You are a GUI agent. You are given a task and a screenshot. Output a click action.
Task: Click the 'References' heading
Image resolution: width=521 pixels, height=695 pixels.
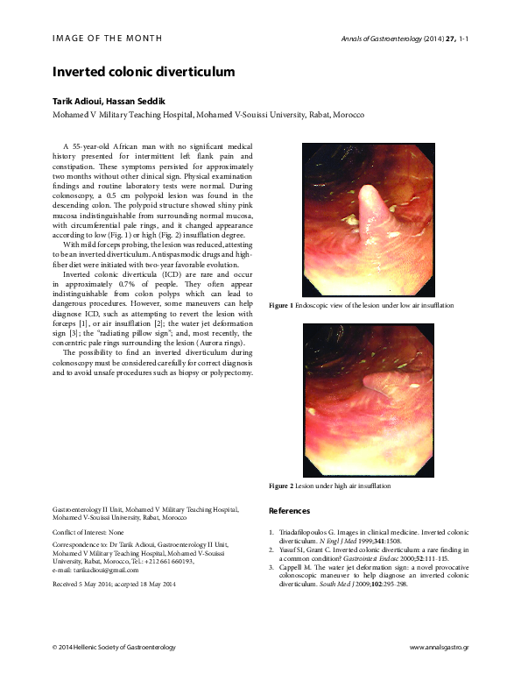pyautogui.click(x=289, y=510)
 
